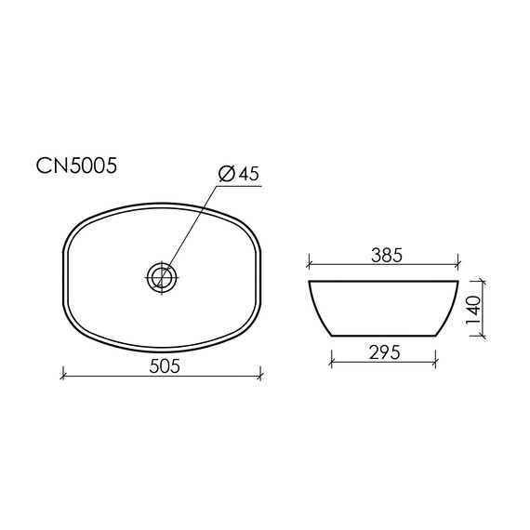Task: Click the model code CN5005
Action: (x=76, y=166)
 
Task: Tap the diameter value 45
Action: (x=248, y=174)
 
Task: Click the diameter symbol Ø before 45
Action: (x=227, y=174)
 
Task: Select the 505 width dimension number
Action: (x=165, y=365)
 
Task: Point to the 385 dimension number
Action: (x=387, y=255)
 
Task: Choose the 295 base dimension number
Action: (x=385, y=352)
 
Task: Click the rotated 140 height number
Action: (x=473, y=310)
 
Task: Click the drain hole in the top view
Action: (x=162, y=277)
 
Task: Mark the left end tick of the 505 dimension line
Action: (x=63, y=376)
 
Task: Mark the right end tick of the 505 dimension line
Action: (x=260, y=376)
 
